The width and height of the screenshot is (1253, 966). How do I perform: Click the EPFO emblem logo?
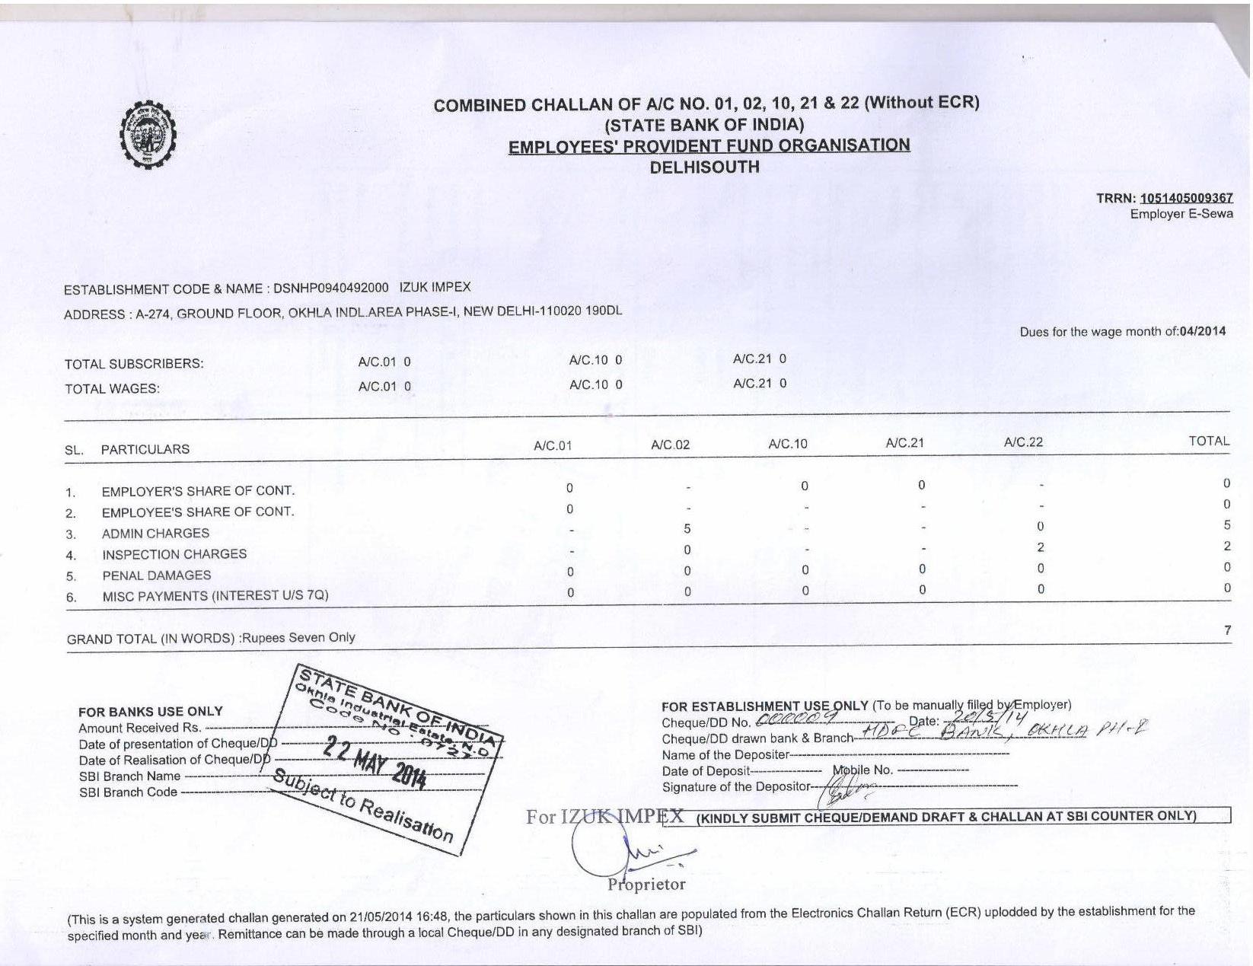pos(148,135)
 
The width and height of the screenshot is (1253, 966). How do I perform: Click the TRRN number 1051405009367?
pos(1186,199)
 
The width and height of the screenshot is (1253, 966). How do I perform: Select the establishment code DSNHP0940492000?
pos(330,288)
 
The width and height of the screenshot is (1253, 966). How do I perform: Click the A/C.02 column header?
pos(670,445)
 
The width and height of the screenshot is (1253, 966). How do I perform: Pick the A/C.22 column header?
pos(1023,442)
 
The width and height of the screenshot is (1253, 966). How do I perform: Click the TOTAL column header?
pos(1209,441)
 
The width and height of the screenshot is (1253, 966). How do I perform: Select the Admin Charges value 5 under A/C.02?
pos(687,528)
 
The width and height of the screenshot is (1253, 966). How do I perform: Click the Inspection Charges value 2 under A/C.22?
pos(1041,547)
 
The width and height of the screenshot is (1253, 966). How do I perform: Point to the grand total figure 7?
pos(1227,630)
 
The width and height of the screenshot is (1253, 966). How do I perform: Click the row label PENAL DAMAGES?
pos(157,575)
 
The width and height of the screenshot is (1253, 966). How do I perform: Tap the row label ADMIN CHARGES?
pos(155,534)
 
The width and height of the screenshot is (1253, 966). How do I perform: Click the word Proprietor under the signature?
pos(646,885)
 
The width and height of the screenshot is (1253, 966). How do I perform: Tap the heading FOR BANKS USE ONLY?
pos(151,712)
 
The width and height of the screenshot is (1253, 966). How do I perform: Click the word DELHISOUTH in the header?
pos(704,167)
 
